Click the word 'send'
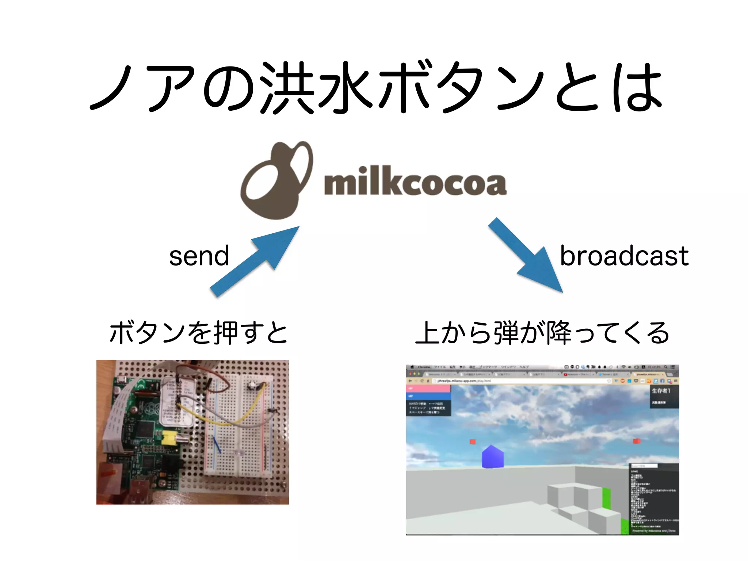(x=199, y=256)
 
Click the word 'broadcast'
(x=624, y=256)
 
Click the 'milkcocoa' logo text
(x=415, y=182)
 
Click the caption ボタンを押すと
(x=198, y=333)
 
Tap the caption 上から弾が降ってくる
(x=542, y=333)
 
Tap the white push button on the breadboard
(x=252, y=385)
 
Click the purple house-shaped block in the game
(x=493, y=457)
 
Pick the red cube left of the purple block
(x=473, y=442)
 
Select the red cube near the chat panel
(x=637, y=441)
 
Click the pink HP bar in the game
(x=428, y=389)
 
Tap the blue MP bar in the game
(x=428, y=396)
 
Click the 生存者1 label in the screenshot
(x=661, y=391)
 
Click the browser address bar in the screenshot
(x=519, y=381)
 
